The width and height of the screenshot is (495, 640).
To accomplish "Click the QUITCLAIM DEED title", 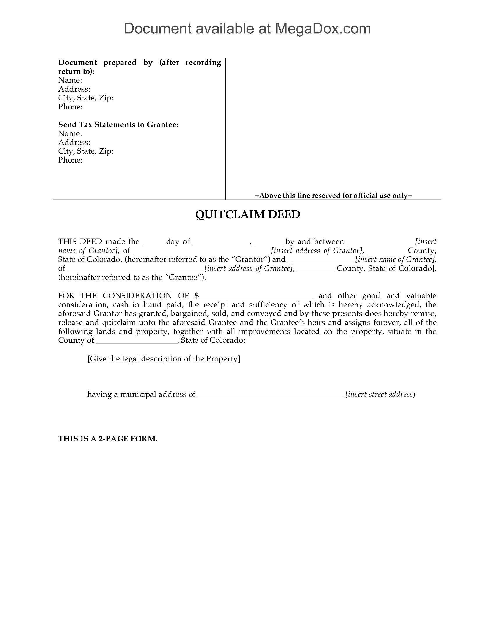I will pyautogui.click(x=248, y=214).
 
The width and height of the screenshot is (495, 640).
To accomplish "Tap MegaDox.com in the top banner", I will pyautogui.click(x=323, y=29).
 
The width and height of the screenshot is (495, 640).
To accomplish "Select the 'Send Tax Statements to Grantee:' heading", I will pyautogui.click(x=118, y=125).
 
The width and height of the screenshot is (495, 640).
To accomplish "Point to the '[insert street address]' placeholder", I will pyautogui.click(x=380, y=394).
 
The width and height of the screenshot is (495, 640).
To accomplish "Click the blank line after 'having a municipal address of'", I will pyautogui.click(x=270, y=395).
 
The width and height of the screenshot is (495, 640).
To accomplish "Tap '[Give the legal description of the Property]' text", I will pyautogui.click(x=164, y=359).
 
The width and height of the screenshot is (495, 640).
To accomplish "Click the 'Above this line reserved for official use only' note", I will pyautogui.click(x=333, y=195).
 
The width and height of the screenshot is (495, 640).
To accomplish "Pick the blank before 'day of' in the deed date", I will pyautogui.click(x=153, y=243).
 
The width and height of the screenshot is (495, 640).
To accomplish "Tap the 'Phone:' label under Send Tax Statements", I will pyautogui.click(x=70, y=160).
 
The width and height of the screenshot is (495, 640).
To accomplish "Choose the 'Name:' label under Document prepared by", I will pyautogui.click(x=70, y=80).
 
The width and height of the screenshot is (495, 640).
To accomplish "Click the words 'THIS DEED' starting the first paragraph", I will pyautogui.click(x=80, y=241).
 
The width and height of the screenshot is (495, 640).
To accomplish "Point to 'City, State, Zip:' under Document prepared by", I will pyautogui.click(x=86, y=98).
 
